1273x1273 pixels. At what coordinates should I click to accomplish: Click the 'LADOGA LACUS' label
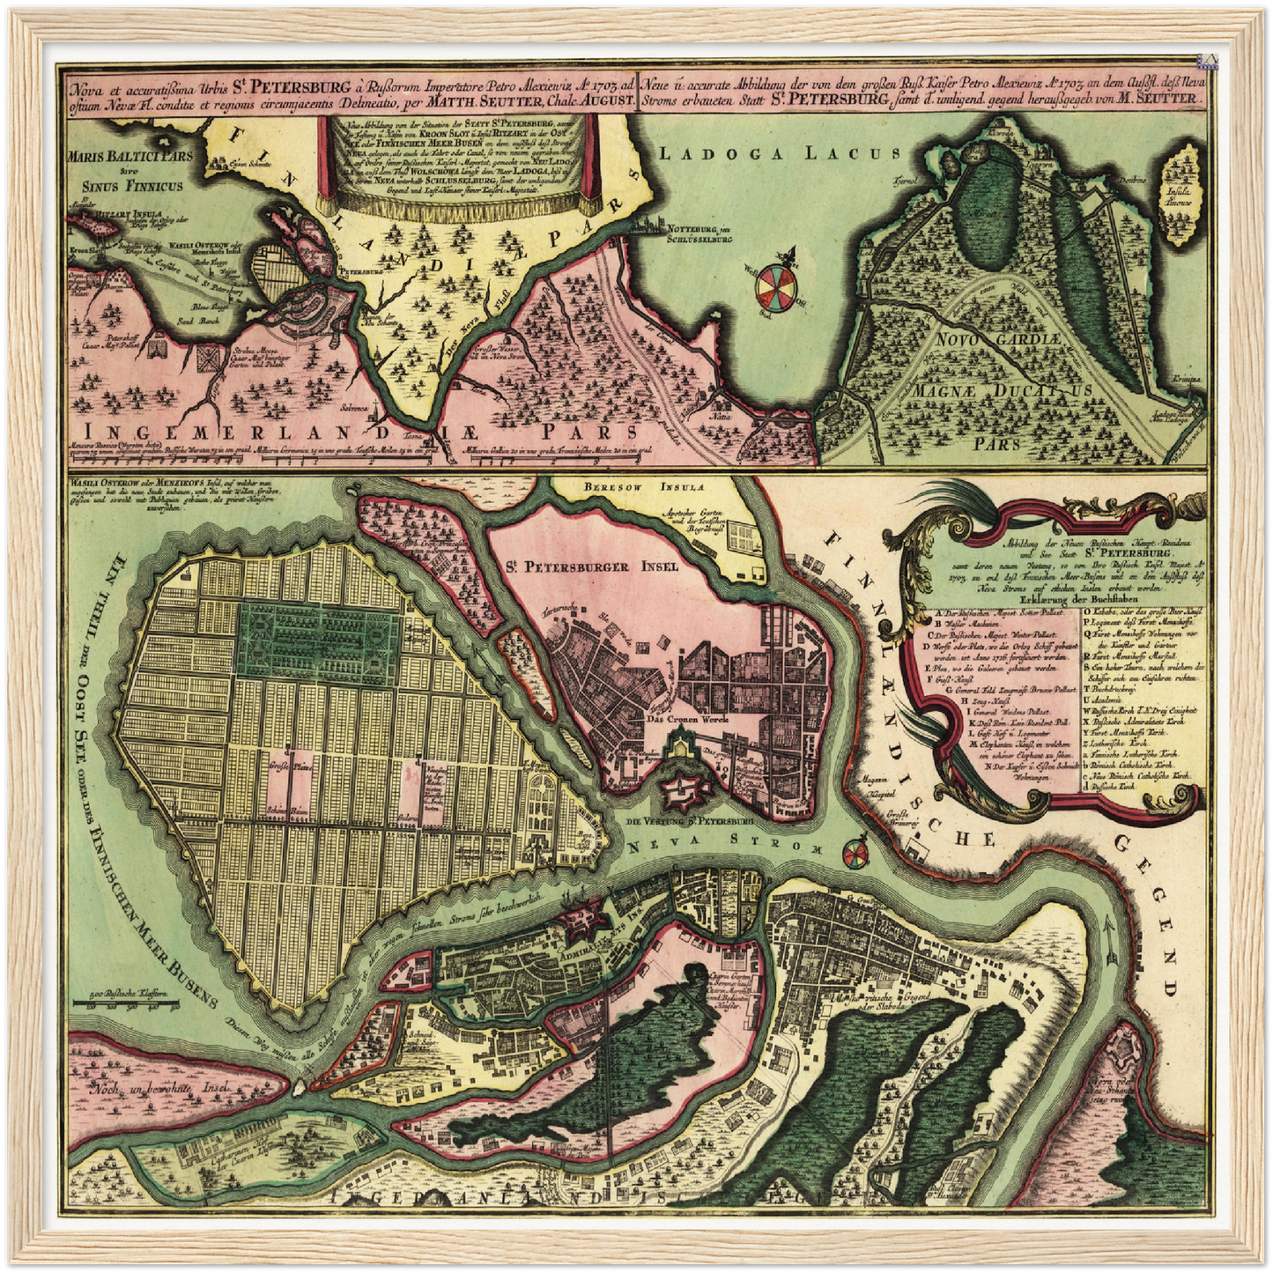(x=781, y=152)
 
